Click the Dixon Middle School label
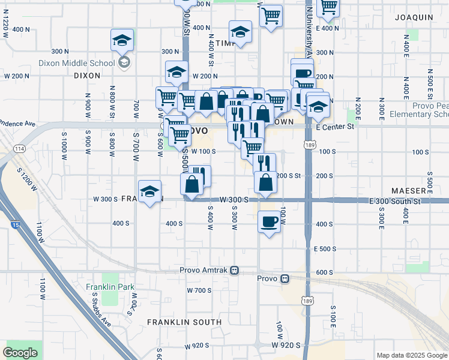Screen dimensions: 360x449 coord(76,62)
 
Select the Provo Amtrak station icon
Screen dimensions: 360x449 coord(235,270)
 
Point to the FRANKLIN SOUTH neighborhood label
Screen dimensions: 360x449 coord(184,322)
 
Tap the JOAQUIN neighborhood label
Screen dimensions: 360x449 coord(414,17)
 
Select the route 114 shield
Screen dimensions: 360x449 coord(20,149)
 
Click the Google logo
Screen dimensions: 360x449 coord(20,353)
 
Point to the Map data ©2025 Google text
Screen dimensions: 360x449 coord(412,355)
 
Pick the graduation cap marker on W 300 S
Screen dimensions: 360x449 coord(149,191)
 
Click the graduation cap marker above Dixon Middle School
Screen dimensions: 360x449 coord(122,40)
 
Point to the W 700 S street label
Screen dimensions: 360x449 coord(199,290)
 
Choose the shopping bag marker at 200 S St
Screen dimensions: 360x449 coord(265,182)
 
